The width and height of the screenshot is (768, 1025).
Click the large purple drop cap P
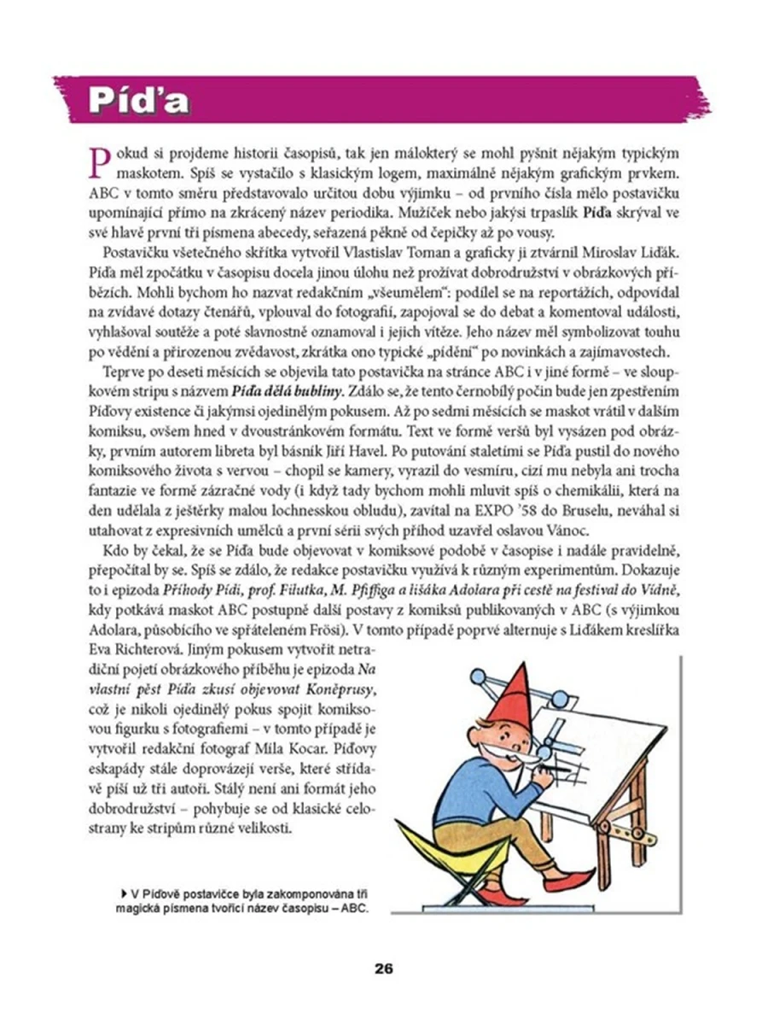tap(100, 160)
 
